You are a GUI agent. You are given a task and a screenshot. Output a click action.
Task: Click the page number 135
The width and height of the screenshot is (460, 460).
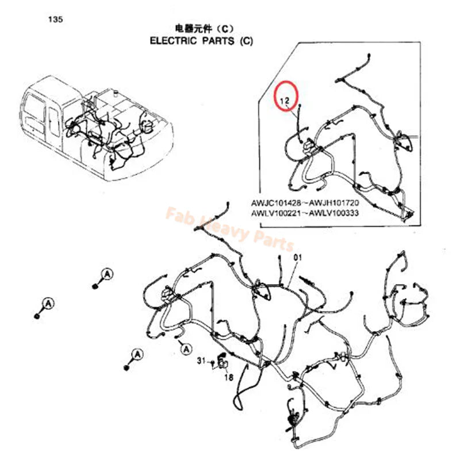(x=55, y=20)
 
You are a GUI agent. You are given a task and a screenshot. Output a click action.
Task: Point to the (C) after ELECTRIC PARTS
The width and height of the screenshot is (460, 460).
(x=245, y=41)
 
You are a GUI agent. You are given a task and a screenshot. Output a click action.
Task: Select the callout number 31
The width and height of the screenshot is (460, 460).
(x=201, y=361)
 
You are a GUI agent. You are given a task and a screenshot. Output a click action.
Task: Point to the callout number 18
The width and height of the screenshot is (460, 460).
(x=228, y=378)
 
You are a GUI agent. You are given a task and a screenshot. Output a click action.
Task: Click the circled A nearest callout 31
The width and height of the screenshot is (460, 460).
(x=185, y=347)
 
